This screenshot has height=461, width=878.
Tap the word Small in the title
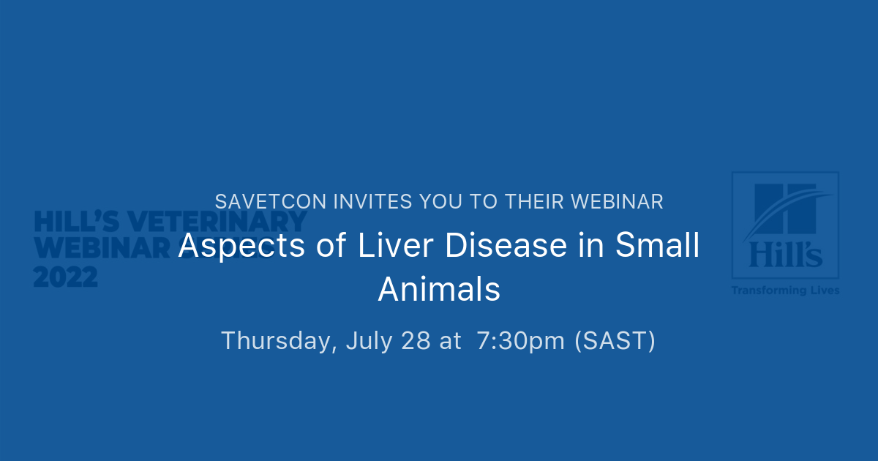[x=658, y=246]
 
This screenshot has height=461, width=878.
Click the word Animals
[x=439, y=289]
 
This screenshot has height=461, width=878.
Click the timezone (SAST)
[x=615, y=341]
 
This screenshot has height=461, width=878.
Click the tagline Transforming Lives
[x=785, y=291]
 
